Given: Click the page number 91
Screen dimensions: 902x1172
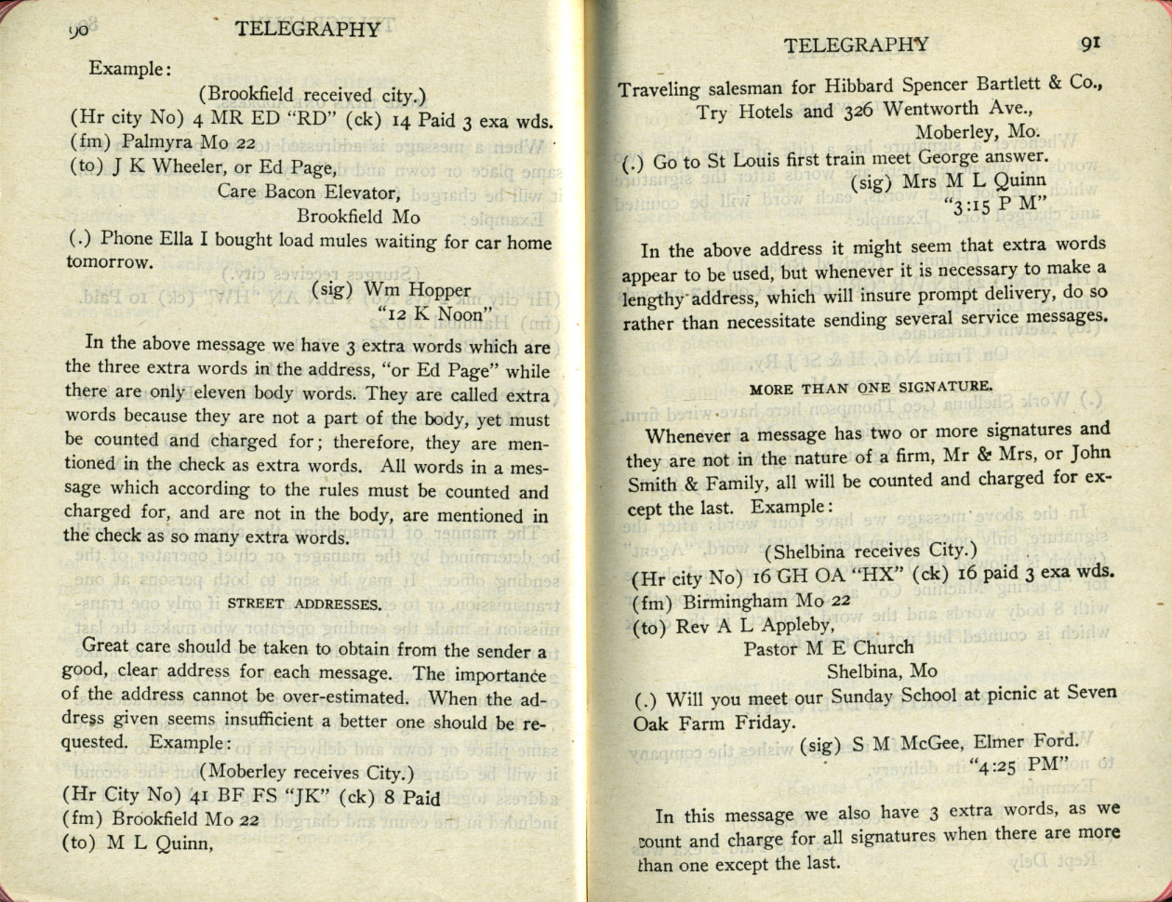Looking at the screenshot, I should point(1091,43).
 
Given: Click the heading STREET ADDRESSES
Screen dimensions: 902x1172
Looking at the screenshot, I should point(304,604).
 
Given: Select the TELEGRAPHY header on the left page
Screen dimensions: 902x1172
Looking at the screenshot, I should point(308,29).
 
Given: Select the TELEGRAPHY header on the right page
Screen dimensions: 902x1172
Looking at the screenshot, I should point(856,44).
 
